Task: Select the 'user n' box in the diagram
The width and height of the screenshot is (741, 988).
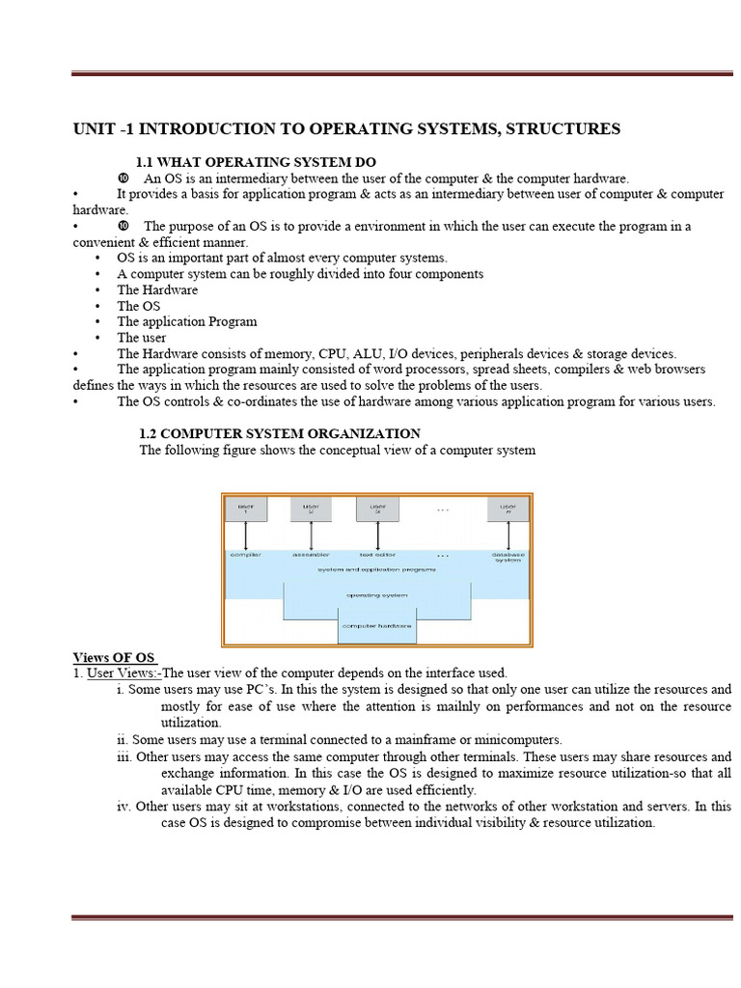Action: pyautogui.click(x=508, y=508)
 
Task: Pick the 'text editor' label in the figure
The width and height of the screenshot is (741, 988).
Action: pyautogui.click(x=375, y=555)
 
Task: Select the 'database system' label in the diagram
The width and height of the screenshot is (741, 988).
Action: pyautogui.click(x=508, y=558)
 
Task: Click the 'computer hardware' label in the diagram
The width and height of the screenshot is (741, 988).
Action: pyautogui.click(x=376, y=626)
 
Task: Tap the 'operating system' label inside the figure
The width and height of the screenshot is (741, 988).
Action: pyautogui.click(x=376, y=595)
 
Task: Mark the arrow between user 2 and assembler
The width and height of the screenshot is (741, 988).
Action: pyautogui.click(x=311, y=535)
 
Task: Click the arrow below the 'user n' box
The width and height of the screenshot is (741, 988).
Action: pyautogui.click(x=508, y=535)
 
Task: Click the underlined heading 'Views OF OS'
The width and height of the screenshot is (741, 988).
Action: pyautogui.click(x=113, y=657)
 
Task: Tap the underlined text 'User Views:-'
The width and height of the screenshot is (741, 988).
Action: pyautogui.click(x=123, y=672)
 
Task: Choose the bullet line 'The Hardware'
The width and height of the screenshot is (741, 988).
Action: pyautogui.click(x=157, y=289)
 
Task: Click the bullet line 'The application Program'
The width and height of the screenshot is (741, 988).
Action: pyautogui.click(x=186, y=321)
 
